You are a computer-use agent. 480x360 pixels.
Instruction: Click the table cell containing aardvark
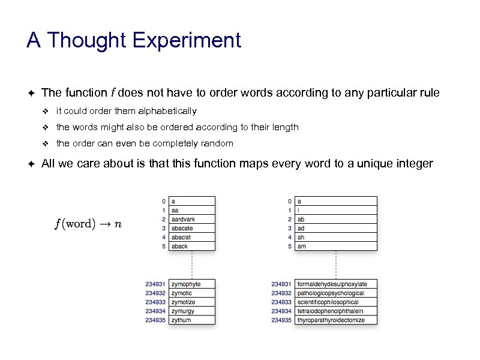pyautogui.click(x=192, y=220)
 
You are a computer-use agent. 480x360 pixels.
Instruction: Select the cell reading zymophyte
pyautogui.click(x=192, y=284)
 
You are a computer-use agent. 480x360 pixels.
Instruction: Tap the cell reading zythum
pyautogui.click(x=192, y=320)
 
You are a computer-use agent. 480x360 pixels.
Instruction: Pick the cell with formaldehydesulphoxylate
pyautogui.click(x=337, y=284)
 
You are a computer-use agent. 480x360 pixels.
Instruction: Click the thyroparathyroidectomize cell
pyautogui.click(x=337, y=320)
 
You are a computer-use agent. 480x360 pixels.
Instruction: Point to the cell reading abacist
pyautogui.click(x=192, y=238)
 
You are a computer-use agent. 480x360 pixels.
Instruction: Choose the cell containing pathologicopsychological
pyautogui.click(x=337, y=293)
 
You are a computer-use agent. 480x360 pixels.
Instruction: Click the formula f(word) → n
pyautogui.click(x=88, y=224)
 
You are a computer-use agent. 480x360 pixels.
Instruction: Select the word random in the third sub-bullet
pyautogui.click(x=219, y=143)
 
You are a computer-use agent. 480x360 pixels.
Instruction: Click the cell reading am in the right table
pyautogui.click(x=337, y=247)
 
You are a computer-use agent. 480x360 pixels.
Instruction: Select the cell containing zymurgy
pyautogui.click(x=192, y=311)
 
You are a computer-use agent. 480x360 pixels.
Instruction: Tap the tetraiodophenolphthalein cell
pyautogui.click(x=337, y=311)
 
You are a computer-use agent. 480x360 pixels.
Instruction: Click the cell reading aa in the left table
pyautogui.click(x=192, y=211)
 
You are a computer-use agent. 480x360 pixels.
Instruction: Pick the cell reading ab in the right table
pyautogui.click(x=337, y=220)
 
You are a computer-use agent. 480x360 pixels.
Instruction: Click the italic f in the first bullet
pyautogui.click(x=113, y=93)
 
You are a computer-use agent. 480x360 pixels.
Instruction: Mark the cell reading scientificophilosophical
pyautogui.click(x=337, y=302)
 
